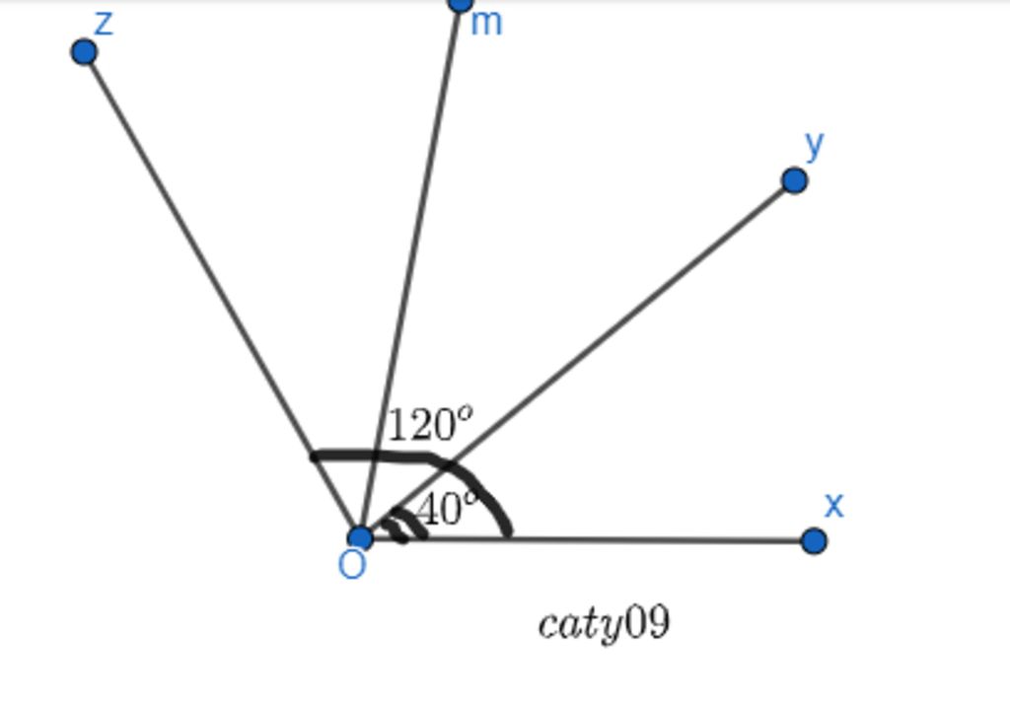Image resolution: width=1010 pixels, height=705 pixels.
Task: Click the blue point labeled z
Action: [x=84, y=52]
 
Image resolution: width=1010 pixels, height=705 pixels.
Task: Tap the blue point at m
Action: [x=460, y=4]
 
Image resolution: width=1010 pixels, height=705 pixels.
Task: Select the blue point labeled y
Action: [x=794, y=180]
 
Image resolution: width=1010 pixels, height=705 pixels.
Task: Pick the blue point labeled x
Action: [x=814, y=540]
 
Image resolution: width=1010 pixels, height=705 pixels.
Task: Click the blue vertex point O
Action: [x=360, y=537]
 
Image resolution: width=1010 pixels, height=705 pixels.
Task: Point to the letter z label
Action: [x=104, y=24]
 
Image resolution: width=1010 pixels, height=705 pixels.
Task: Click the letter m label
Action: [x=486, y=24]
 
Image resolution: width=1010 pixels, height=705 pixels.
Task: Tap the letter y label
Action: [x=815, y=145]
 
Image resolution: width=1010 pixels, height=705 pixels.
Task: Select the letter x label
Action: [x=833, y=506]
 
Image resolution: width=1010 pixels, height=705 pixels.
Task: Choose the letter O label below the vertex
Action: [x=352, y=566]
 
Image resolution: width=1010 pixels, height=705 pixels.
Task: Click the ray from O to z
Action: [x=222, y=295]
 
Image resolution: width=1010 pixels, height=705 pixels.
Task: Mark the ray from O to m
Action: [x=410, y=270]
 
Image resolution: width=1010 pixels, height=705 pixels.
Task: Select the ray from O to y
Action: [x=577, y=359]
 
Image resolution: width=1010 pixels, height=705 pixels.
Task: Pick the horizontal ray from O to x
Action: [x=587, y=539]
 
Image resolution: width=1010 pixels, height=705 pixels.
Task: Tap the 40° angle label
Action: [x=447, y=509]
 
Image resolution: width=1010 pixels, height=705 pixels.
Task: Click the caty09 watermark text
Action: [x=604, y=623]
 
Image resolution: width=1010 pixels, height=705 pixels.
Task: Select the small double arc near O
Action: [x=404, y=525]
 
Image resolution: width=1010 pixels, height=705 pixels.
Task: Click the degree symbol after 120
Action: [x=466, y=412]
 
